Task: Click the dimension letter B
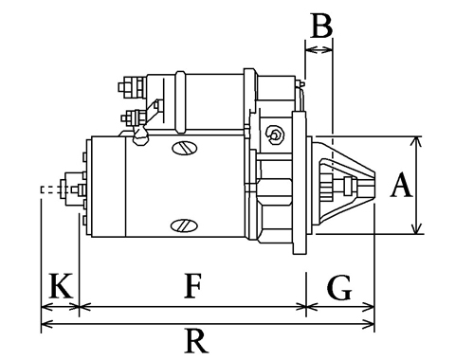(x=321, y=26)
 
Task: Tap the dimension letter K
(x=61, y=286)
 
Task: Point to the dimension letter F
(x=192, y=286)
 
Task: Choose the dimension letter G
(x=339, y=287)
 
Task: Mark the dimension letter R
(x=196, y=341)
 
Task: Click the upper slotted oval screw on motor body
(x=185, y=148)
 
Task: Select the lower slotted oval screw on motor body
(x=184, y=225)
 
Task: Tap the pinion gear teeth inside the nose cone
(x=326, y=188)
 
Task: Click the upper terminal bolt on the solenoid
(x=132, y=86)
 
